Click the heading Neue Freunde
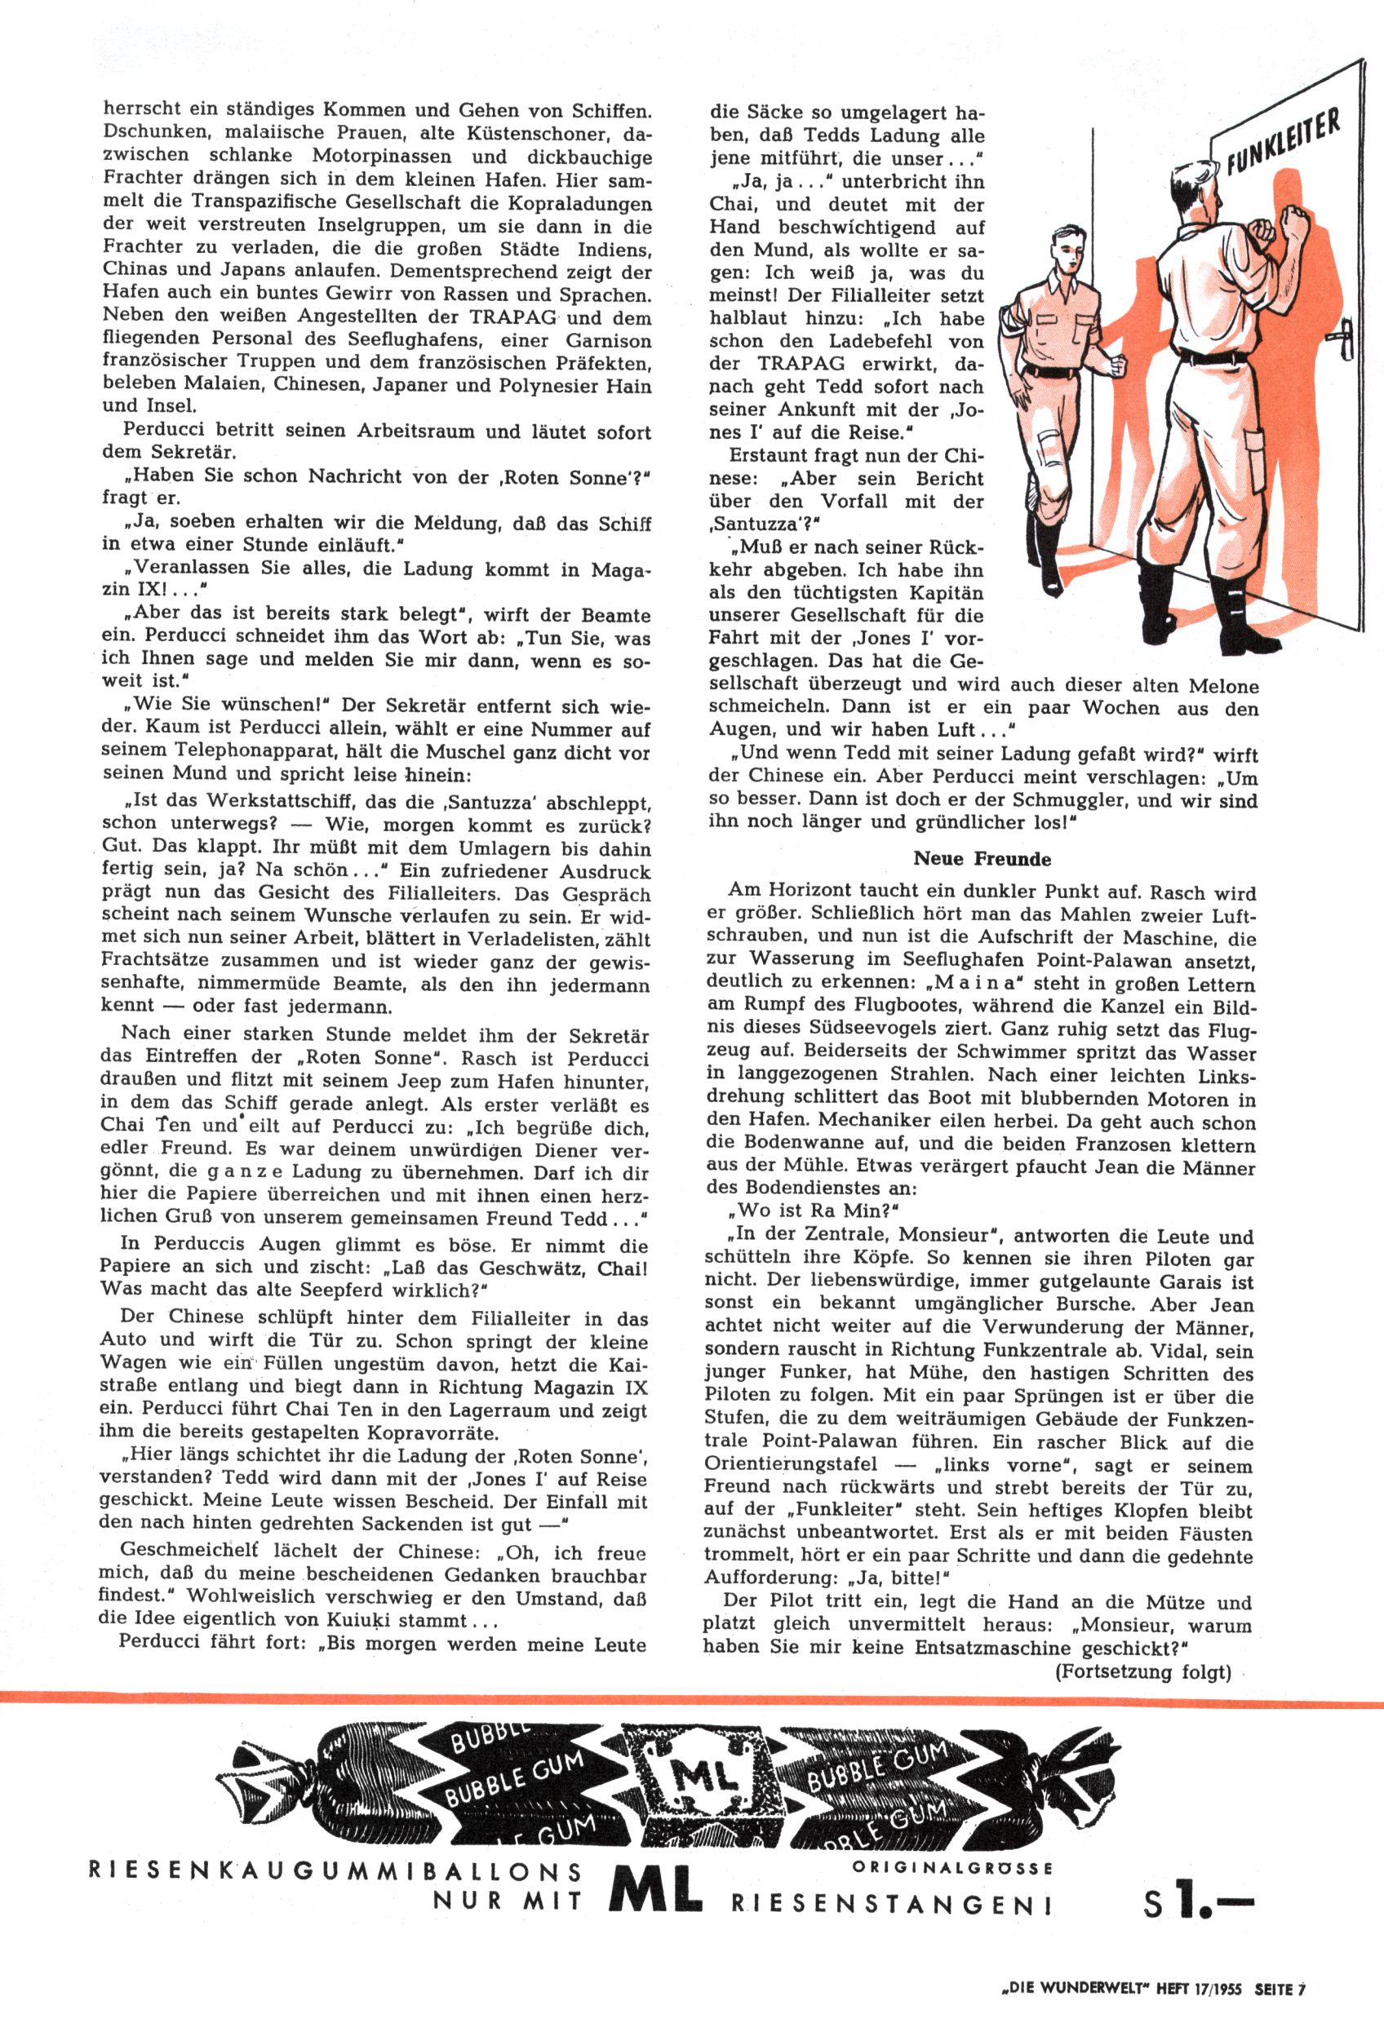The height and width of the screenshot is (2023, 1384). [x=982, y=858]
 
